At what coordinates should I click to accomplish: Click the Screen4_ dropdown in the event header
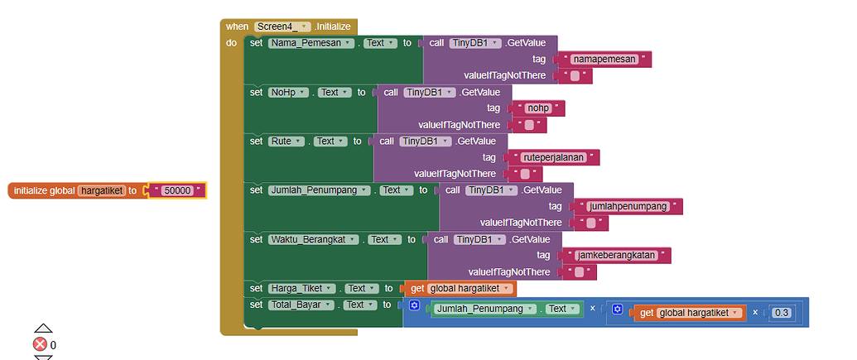(x=282, y=26)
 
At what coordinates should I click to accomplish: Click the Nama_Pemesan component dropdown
(x=311, y=43)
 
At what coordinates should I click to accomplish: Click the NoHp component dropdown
(x=289, y=92)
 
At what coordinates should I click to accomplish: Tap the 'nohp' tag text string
(x=542, y=108)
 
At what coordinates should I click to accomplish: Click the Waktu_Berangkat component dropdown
(x=313, y=239)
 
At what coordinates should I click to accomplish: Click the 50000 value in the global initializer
(x=177, y=190)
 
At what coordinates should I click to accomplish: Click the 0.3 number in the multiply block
(x=781, y=313)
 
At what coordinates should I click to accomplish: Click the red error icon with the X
(x=40, y=344)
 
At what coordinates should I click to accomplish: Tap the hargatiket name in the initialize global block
(x=101, y=190)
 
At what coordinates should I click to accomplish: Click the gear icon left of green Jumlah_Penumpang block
(x=414, y=306)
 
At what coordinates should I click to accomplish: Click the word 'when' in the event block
(x=237, y=26)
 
